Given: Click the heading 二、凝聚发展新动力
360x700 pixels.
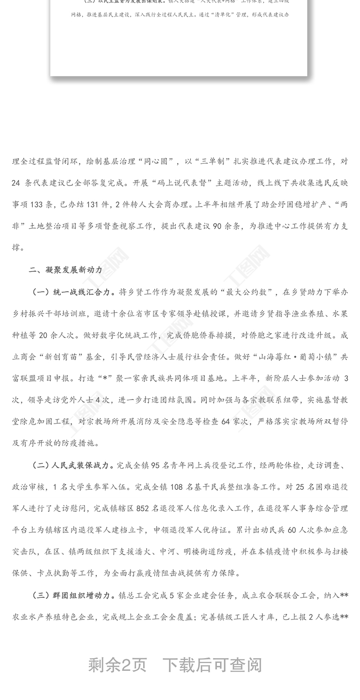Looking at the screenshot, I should (66, 270).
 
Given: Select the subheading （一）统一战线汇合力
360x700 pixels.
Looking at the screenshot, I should (71, 292).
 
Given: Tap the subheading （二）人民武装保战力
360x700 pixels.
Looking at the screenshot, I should (71, 465).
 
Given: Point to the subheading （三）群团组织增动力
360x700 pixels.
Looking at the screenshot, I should (71, 595).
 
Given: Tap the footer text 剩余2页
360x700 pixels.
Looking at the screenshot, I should (117, 665).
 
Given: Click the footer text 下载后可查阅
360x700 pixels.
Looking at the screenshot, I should (212, 665).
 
